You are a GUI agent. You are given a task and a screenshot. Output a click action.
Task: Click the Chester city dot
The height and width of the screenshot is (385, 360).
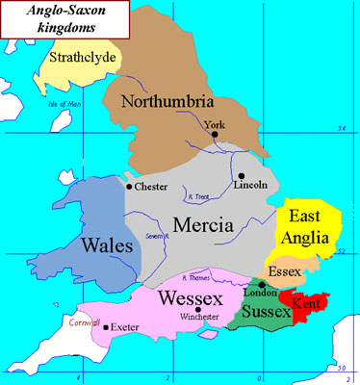129,186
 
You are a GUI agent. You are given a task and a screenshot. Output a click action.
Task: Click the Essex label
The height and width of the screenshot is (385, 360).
286,272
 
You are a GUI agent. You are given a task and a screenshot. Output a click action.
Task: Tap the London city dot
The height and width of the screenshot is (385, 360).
262,285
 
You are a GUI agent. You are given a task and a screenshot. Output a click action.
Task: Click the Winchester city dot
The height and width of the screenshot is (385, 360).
198,309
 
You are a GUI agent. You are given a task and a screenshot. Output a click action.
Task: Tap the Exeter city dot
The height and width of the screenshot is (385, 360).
105,327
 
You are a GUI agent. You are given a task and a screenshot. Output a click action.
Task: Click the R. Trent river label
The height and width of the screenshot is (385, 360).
199,196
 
